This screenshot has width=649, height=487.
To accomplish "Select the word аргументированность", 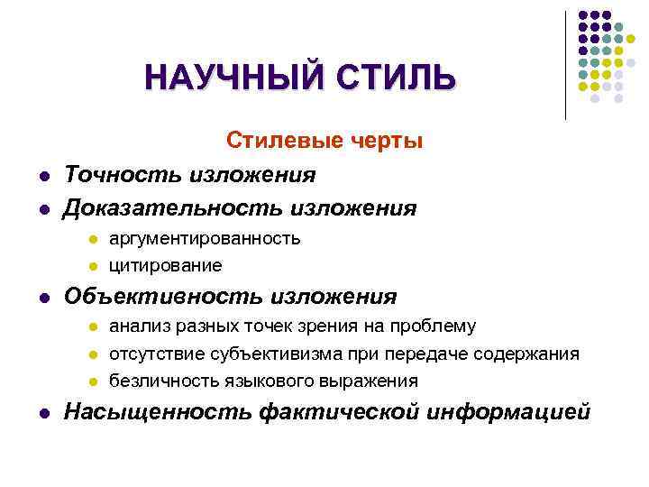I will pyautogui.click(x=205, y=239).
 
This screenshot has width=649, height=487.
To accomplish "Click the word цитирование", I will pyautogui.click(x=165, y=266).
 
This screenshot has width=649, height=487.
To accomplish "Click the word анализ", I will pyautogui.click(x=136, y=326).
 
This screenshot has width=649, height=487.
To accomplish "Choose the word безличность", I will pyautogui.click(x=158, y=381).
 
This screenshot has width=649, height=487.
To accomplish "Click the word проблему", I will pyautogui.click(x=436, y=326).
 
